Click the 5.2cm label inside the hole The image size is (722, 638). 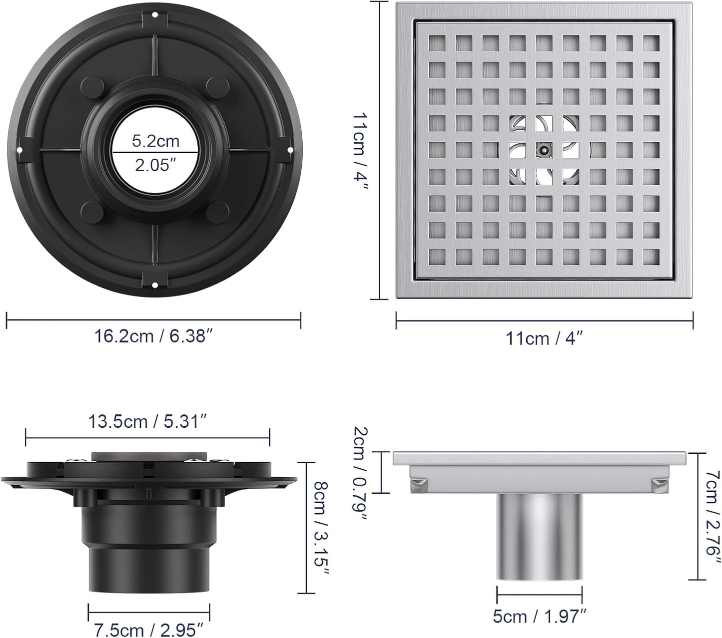pos(155,141)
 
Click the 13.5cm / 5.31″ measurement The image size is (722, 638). pos(147,422)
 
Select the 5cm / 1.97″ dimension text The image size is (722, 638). pos(539,617)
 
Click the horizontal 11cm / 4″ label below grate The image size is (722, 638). pos(544,338)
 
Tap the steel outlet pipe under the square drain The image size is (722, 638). pos(539,537)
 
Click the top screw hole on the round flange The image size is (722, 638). pos(154,14)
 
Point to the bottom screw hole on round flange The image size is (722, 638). pos(154,286)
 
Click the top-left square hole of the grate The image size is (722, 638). pos(437,43)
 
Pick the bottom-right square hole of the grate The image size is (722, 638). pos(651,256)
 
